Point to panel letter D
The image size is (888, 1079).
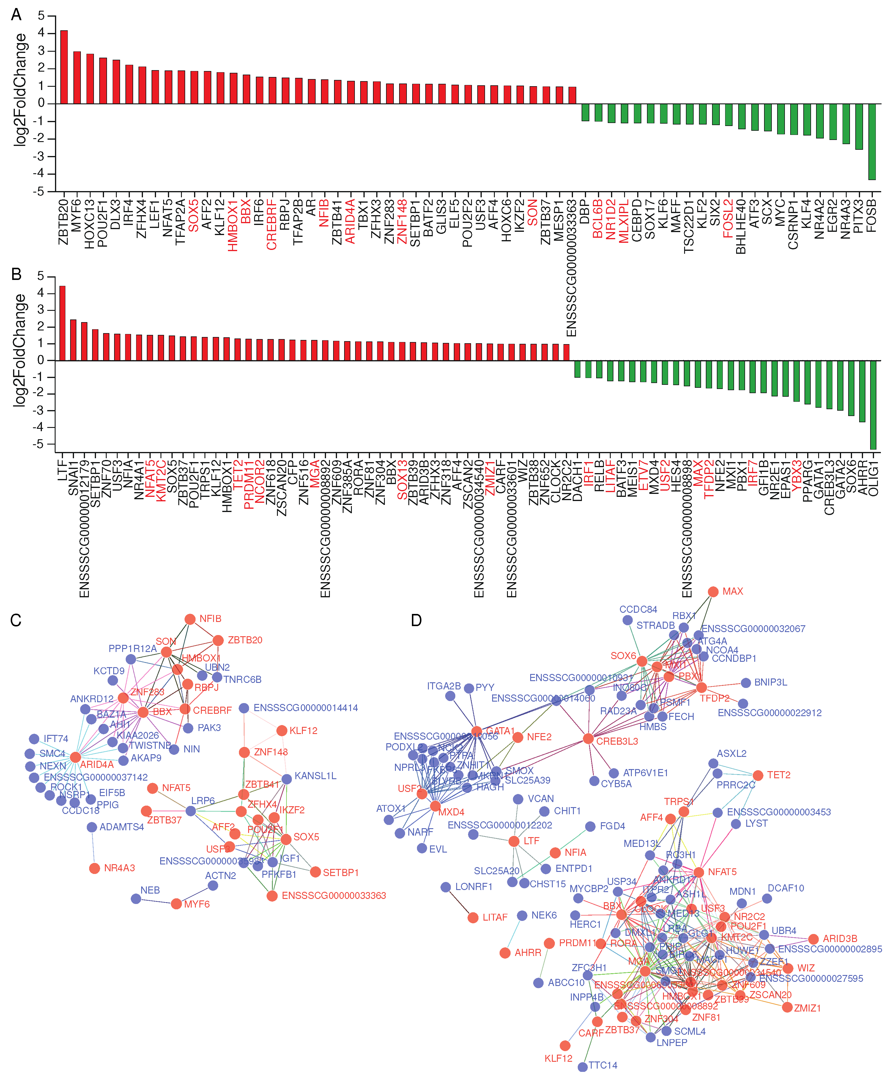[416, 620]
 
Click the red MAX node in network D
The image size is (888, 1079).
[713, 592]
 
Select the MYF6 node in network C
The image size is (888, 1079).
[177, 904]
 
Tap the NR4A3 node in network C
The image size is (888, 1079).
[95, 868]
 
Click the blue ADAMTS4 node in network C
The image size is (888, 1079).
[92, 827]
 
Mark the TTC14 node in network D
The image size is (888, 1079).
[582, 1067]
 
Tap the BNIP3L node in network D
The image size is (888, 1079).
[746, 683]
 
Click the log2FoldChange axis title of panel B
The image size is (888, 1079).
[19, 350]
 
